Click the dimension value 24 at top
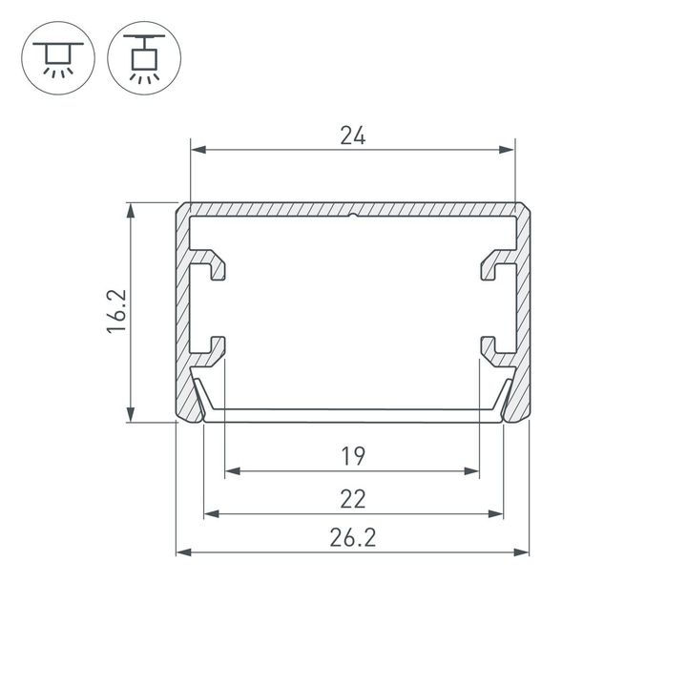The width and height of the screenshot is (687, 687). click(x=352, y=136)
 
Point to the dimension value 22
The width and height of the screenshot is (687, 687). click(x=352, y=499)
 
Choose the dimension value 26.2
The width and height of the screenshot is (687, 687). click(x=352, y=538)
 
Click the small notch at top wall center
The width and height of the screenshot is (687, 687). click(x=352, y=216)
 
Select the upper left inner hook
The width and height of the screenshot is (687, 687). click(x=216, y=268)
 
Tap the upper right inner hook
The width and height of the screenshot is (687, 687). click(x=490, y=268)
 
